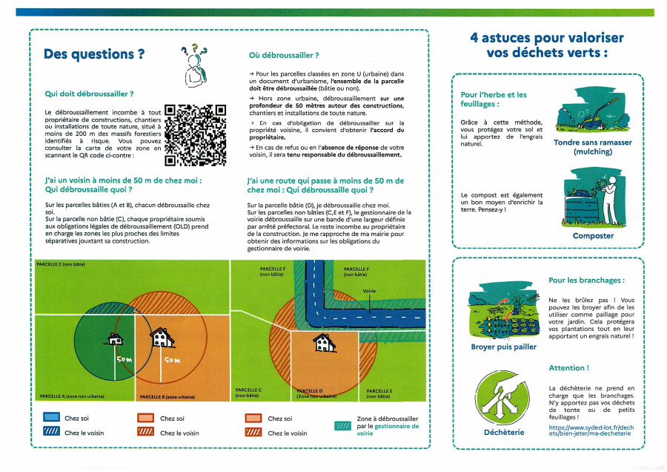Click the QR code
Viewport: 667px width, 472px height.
point(195,134)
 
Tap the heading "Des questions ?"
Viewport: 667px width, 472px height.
point(94,54)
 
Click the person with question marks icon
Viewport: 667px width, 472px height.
point(194,65)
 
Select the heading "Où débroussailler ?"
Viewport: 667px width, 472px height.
point(285,55)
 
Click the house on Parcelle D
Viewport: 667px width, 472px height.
point(322,342)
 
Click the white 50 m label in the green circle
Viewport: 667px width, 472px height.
point(123,359)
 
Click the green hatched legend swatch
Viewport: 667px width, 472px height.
point(342,427)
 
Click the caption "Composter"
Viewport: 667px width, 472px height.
point(593,236)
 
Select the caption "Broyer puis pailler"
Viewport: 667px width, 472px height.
point(503,347)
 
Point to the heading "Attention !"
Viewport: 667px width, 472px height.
point(569,368)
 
